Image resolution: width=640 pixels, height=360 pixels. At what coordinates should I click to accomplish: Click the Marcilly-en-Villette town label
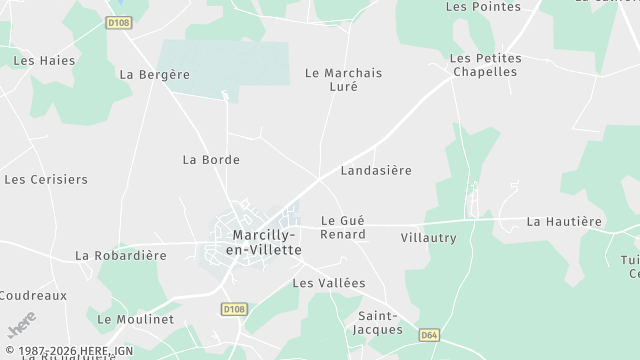pos(266,242)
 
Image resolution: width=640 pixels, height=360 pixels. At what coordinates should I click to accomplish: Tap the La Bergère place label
pos(154,74)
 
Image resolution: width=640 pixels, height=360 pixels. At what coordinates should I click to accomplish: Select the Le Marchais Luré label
pos(343,80)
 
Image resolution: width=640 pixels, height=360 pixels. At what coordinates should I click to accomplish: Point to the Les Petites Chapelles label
pos(485,65)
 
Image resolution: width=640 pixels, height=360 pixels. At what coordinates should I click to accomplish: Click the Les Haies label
pos(44,60)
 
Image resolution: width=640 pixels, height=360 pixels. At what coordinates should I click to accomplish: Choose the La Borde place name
pos(211,159)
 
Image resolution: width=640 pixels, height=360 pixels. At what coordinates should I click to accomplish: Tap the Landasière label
pos(376,170)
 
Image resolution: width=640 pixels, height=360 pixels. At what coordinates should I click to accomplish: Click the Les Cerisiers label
pos(46,180)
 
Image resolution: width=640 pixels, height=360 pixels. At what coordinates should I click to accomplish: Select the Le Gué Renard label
pos(343,227)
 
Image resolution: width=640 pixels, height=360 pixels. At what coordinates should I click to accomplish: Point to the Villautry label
pos(428,238)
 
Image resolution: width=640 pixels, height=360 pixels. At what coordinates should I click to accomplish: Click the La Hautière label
pos(565,221)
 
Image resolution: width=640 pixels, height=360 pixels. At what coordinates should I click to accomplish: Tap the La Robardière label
pos(121,255)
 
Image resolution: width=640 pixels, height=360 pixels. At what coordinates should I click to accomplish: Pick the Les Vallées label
pos(328,283)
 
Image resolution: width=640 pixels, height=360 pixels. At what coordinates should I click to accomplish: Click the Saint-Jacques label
pos(380,323)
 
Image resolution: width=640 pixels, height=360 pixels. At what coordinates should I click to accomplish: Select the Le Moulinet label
pos(136,319)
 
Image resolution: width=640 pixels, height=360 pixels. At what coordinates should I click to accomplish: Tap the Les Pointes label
pos(483,6)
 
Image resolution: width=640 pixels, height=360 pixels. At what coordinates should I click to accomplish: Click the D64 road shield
pos(430,335)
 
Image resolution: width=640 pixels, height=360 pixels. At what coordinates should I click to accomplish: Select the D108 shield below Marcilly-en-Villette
pos(234,310)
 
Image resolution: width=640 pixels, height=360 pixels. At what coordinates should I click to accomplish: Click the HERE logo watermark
pos(21,324)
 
